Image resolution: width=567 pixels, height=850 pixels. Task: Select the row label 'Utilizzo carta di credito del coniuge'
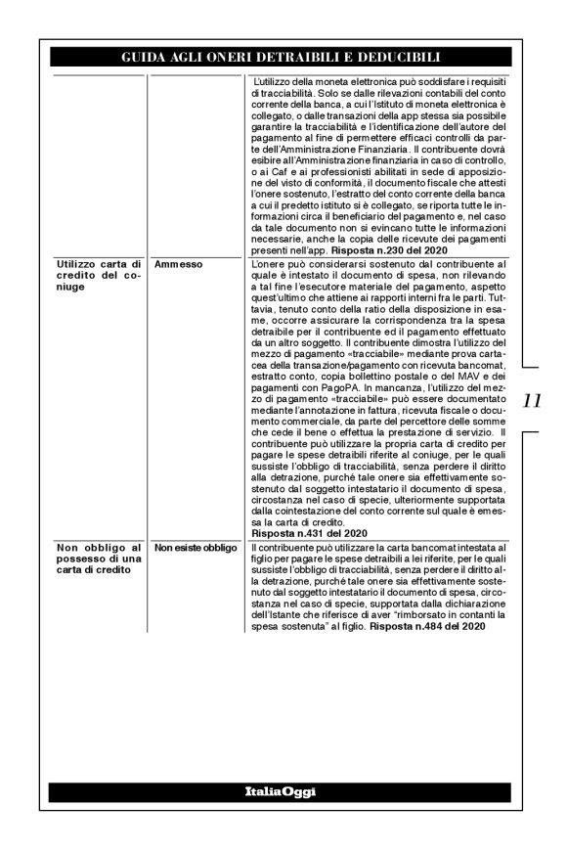point(96,275)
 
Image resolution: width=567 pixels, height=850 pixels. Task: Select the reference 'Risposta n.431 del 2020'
point(309,535)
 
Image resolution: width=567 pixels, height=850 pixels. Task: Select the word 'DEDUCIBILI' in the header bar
point(393,58)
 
